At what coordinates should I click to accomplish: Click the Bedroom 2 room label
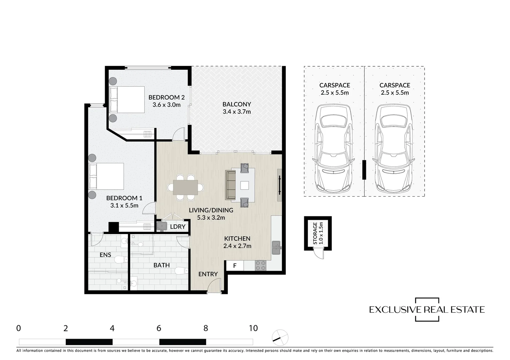click(166, 97)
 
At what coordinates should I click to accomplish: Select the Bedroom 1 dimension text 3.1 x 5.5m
click(124, 206)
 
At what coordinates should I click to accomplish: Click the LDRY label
click(177, 227)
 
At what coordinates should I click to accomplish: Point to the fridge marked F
click(235, 266)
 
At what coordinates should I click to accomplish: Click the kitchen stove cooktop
click(260, 265)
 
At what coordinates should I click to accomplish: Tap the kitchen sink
click(276, 247)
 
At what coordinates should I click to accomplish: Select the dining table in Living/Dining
click(185, 187)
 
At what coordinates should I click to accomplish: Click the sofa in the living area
click(230, 185)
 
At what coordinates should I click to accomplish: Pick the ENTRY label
click(208, 274)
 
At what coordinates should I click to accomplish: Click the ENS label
click(105, 255)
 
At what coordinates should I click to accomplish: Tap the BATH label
click(161, 265)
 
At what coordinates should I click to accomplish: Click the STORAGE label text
click(315, 233)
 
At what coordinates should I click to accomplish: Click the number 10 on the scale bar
click(253, 328)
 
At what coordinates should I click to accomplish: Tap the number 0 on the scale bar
click(18, 328)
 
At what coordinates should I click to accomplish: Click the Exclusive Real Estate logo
click(427, 310)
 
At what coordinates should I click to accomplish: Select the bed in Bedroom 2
click(127, 99)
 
